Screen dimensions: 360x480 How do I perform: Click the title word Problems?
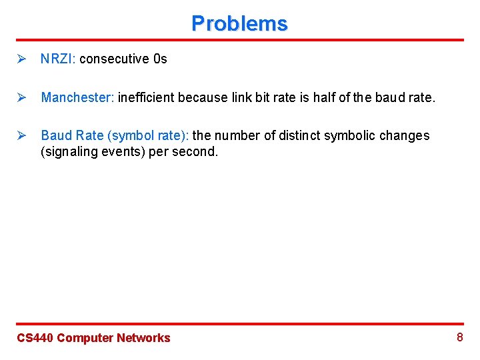click(239, 23)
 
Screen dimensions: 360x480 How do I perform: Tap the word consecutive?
click(115, 59)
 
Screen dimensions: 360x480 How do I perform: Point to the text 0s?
click(160, 59)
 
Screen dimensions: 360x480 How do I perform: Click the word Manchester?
click(77, 97)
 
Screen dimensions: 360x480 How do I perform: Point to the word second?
click(197, 151)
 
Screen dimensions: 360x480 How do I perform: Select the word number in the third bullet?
click(236, 135)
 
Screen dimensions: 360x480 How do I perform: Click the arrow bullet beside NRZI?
click(21, 59)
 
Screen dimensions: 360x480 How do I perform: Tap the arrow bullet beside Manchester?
click(21, 97)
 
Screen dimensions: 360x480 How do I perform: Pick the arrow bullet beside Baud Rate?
click(21, 135)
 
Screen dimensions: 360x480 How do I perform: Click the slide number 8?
click(459, 337)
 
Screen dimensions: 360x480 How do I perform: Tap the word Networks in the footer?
click(143, 338)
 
